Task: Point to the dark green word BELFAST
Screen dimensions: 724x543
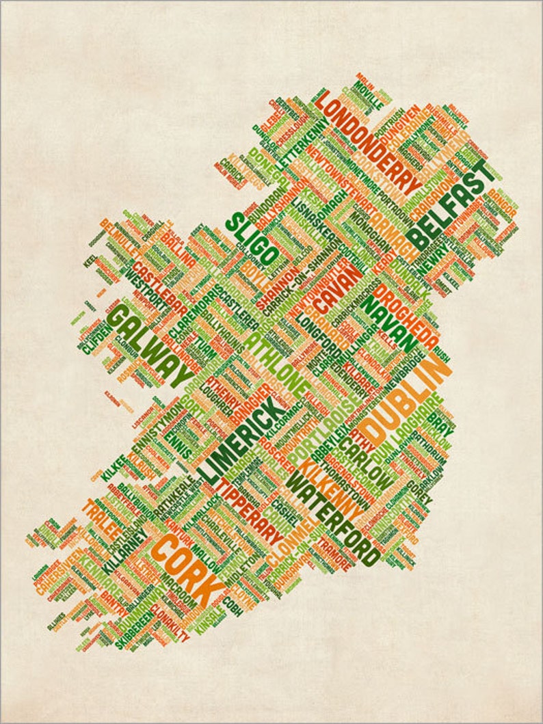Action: (x=451, y=206)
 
